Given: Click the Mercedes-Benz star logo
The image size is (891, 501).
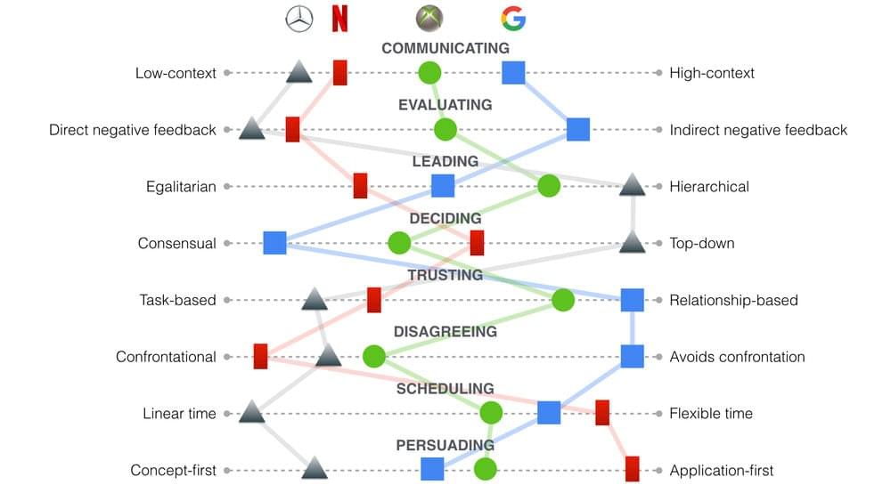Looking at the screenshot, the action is coord(298,19).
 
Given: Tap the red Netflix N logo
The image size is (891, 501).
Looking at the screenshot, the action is coord(339,18).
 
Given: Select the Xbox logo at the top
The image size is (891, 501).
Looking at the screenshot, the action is coord(429,18).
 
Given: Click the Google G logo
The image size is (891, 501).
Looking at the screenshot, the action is coord(514,19).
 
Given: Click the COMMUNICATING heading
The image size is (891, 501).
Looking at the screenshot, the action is coord(445,48).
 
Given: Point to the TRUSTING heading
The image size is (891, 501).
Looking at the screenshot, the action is coord(445,275).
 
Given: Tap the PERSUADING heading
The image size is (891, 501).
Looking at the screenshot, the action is coord(445,446).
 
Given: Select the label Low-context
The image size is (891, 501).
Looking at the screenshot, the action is coord(176,73).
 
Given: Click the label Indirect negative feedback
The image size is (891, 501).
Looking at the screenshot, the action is coord(758,130).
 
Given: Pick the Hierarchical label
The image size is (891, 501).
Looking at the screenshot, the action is coord(709,187).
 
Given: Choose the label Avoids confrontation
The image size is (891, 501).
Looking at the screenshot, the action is coord(737,357).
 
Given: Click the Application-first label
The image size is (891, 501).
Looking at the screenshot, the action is coord(721,471).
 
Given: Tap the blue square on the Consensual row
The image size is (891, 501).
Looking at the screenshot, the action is coord(275,243).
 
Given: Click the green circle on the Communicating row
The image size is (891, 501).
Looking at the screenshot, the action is coord(429,73).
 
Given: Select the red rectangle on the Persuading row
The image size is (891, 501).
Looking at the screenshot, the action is coord(632,469).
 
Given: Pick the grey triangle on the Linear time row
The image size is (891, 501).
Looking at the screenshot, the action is coord(252,412).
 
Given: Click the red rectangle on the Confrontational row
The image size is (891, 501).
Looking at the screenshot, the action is coord(260,356).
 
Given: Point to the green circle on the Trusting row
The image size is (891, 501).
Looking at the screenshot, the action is coord(563,300).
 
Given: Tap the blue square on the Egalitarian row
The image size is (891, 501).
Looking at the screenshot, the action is coord(443,186).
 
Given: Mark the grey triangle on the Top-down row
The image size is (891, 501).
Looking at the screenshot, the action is coord(632,242).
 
